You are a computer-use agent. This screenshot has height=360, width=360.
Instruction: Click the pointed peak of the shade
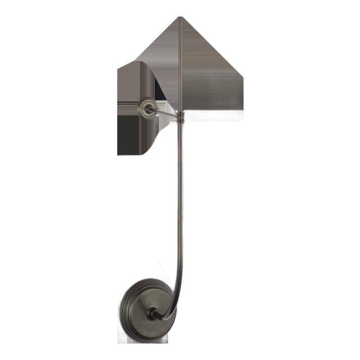click(x=179, y=17)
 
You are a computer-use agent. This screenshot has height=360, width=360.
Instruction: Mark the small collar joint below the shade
click(x=179, y=117)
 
